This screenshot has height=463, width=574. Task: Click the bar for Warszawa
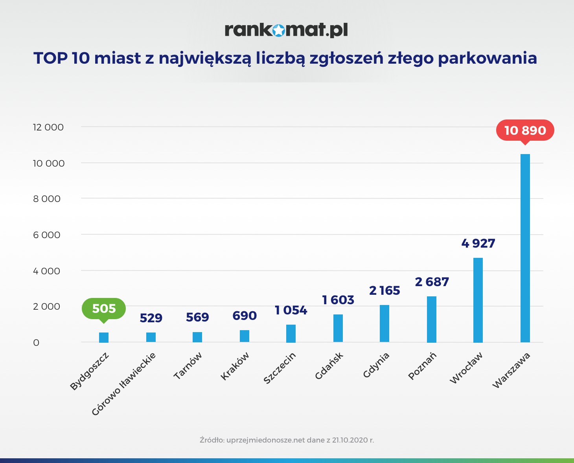(x=525, y=248)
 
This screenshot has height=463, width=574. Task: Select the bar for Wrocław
(x=478, y=300)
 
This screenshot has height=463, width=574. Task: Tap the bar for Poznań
(x=431, y=319)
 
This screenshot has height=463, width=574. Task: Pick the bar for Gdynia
(x=384, y=323)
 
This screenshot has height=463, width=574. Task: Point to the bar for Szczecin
(x=291, y=333)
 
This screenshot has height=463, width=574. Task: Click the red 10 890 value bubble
(x=525, y=130)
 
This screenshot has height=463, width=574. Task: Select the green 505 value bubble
(x=104, y=309)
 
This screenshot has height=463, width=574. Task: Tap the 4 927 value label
(x=478, y=244)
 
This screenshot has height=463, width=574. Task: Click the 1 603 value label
(x=338, y=300)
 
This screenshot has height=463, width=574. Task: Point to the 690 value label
(x=244, y=316)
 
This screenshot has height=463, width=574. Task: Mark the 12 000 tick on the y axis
(x=48, y=127)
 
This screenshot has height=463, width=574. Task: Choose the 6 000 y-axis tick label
(x=47, y=235)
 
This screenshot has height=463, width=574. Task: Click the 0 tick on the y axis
(x=36, y=343)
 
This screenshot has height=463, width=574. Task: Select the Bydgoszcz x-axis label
(x=89, y=371)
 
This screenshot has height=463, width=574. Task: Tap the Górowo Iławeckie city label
(x=123, y=384)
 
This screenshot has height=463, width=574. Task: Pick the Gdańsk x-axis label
(x=329, y=366)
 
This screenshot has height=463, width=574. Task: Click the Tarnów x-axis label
(x=188, y=366)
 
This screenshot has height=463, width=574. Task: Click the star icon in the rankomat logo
(x=278, y=30)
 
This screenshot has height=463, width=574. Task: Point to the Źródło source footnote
(x=287, y=440)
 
